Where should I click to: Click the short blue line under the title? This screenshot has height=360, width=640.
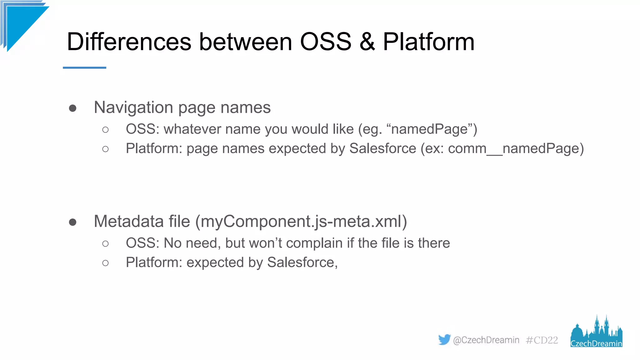[84, 67]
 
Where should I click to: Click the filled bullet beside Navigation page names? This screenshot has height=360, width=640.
[72, 108]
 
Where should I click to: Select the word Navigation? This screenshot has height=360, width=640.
[133, 107]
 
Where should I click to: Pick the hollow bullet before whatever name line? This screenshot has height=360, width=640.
[105, 130]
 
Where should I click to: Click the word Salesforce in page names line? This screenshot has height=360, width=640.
[382, 148]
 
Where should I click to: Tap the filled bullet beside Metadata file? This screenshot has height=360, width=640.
[72, 222]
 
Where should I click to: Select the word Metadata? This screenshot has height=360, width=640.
[128, 221]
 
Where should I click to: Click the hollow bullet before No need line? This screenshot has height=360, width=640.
[105, 243]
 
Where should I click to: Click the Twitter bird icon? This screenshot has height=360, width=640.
[444, 339]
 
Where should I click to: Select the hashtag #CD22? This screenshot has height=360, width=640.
[542, 340]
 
